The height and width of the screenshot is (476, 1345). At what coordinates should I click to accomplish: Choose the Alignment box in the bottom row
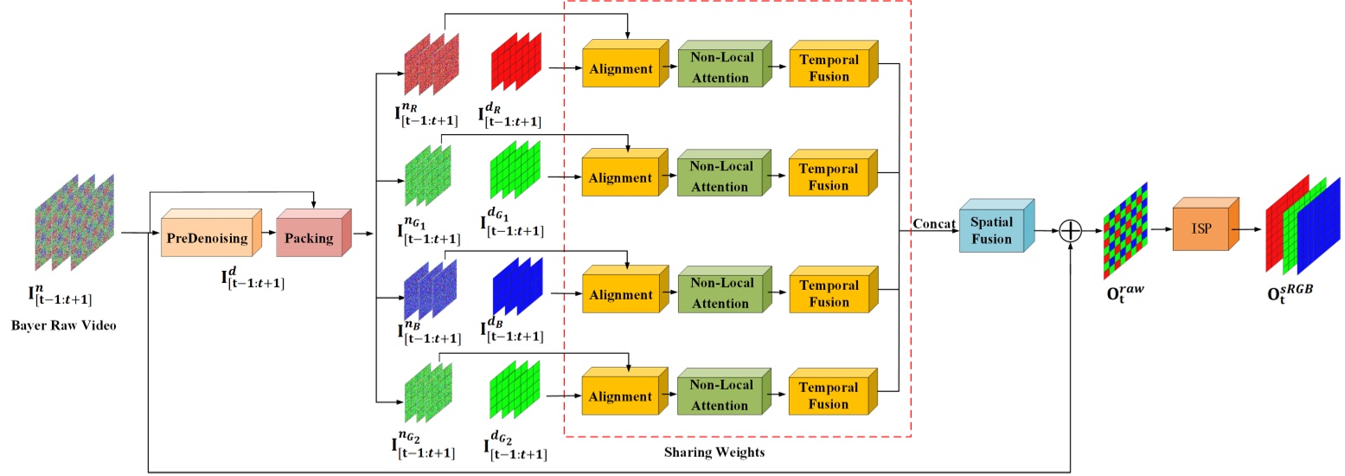click(x=621, y=396)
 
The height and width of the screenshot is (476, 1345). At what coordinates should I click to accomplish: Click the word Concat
click(x=932, y=224)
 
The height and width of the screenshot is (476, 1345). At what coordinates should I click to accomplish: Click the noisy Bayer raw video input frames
click(x=74, y=226)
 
